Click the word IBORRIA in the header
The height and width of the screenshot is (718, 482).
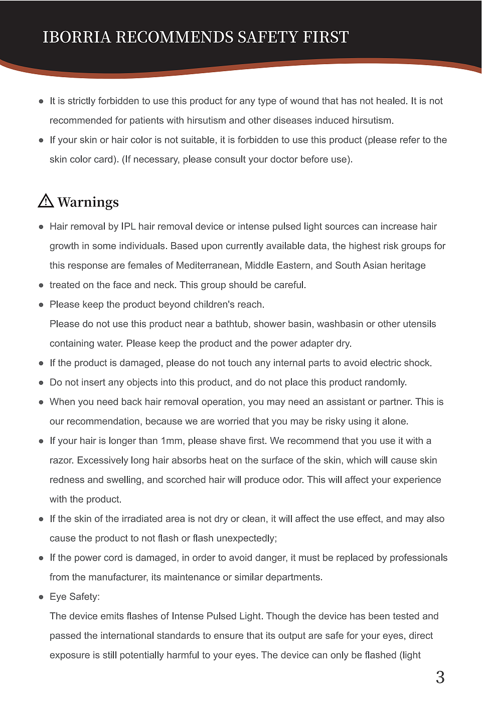coord(76,37)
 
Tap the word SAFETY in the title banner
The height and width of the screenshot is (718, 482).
coord(268,37)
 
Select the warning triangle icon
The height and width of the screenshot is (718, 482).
coord(46,200)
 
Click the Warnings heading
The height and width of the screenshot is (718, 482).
coord(88,202)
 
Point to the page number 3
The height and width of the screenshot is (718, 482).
coord(440,677)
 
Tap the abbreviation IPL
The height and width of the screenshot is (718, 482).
coord(128,226)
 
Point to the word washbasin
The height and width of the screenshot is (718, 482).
coord(340,324)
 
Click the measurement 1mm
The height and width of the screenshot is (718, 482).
coord(173,441)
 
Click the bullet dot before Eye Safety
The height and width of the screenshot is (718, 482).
coord(41,597)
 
